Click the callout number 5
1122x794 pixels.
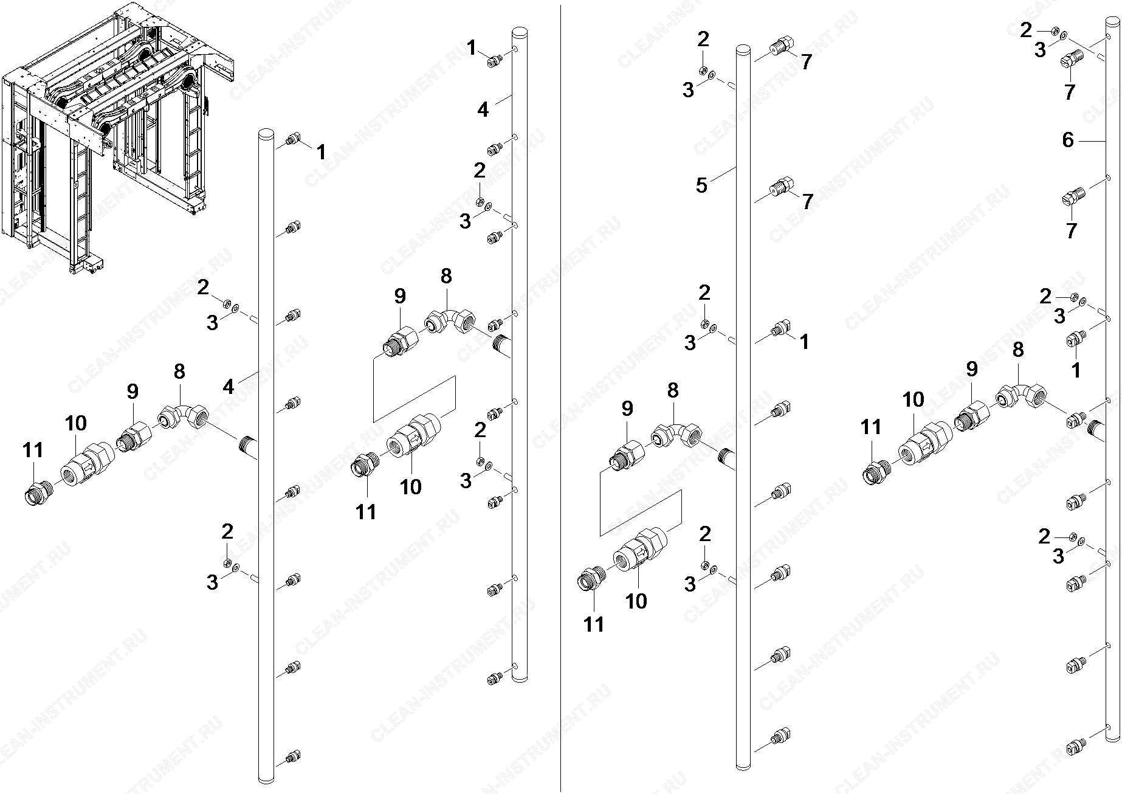pyautogui.click(x=702, y=185)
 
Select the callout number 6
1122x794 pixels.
pyautogui.click(x=1068, y=140)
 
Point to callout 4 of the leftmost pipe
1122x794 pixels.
pyautogui.click(x=229, y=386)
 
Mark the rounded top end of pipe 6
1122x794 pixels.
pyautogui.click(x=1112, y=22)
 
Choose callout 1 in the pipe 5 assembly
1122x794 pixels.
pyautogui.click(x=805, y=342)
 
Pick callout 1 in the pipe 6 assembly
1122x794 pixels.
pyautogui.click(x=1076, y=370)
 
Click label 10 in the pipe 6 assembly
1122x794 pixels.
pyautogui.click(x=913, y=399)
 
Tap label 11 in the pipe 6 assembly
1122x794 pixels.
pyautogui.click(x=871, y=427)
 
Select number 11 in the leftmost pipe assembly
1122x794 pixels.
pyautogui.click(x=33, y=451)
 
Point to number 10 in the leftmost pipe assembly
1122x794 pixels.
pyautogui.click(x=75, y=423)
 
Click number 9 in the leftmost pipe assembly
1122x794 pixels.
pyautogui.click(x=133, y=392)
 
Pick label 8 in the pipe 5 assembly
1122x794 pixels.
pyautogui.click(x=672, y=390)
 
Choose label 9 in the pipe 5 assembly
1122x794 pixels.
pyautogui.click(x=627, y=409)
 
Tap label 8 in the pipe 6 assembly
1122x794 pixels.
pyautogui.click(x=1018, y=350)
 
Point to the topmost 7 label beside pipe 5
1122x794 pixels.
pyautogui.click(x=806, y=62)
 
